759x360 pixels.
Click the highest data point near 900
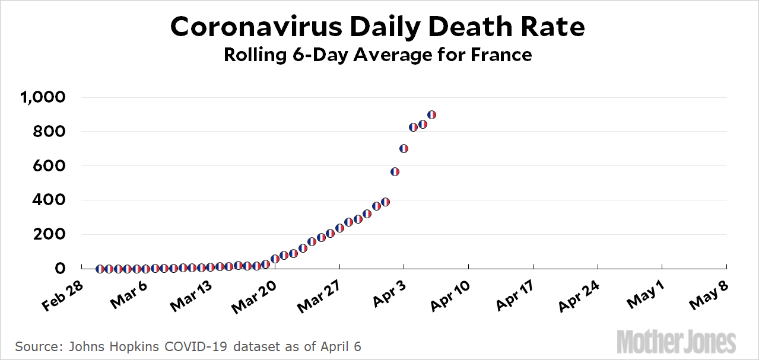click(x=431, y=114)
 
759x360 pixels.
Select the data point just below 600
click(x=395, y=172)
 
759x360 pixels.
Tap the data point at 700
click(x=404, y=148)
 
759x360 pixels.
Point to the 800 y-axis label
click(x=53, y=131)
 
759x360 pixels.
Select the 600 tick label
click(x=53, y=165)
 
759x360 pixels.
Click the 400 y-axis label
click(x=53, y=200)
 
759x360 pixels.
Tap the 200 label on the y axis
click(x=53, y=234)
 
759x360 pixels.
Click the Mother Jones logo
click(x=677, y=342)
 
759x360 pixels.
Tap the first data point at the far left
click(x=100, y=269)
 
